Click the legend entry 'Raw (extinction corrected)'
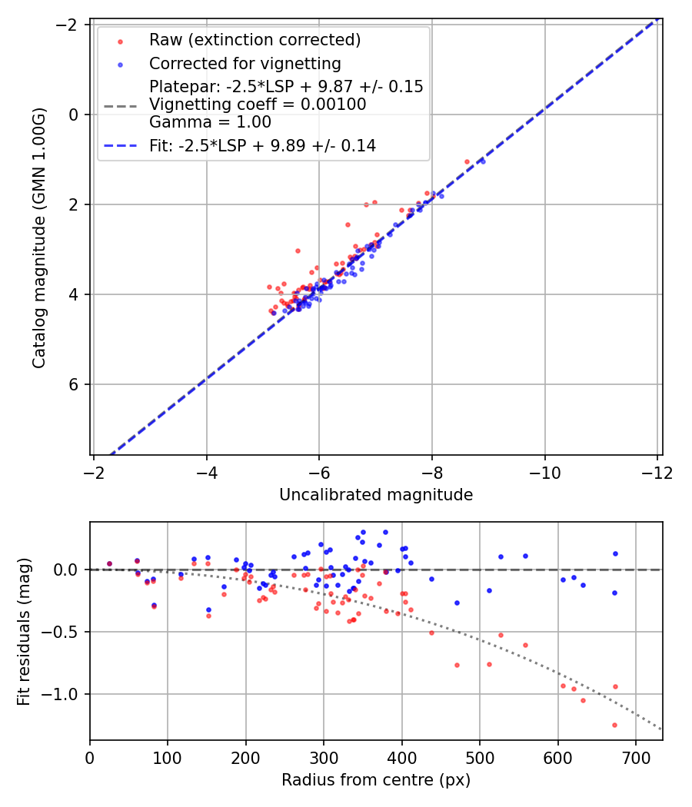click(x=255, y=40)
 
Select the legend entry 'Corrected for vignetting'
click(x=245, y=63)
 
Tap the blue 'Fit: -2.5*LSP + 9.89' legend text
click(x=262, y=145)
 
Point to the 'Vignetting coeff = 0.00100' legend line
click(x=258, y=105)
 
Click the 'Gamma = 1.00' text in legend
click(x=210, y=122)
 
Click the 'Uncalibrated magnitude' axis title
click(x=375, y=495)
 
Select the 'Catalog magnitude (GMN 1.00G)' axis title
click(x=39, y=237)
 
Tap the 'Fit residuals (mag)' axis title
click(x=24, y=632)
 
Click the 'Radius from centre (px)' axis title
click(x=375, y=780)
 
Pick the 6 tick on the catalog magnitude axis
click(x=75, y=384)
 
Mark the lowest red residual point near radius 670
click(x=614, y=725)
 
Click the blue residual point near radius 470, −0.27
click(x=457, y=603)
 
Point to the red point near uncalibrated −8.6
click(x=467, y=162)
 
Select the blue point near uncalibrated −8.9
click(x=482, y=161)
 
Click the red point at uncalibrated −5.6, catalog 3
click(x=298, y=251)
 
